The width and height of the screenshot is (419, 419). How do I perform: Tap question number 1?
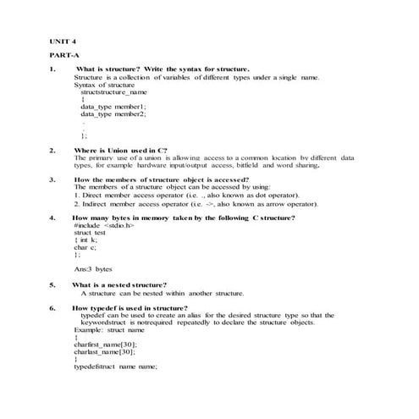point(52,69)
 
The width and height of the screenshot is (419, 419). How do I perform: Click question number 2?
point(52,150)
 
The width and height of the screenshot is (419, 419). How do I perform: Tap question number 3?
point(52,179)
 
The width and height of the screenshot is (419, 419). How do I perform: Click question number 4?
point(52,218)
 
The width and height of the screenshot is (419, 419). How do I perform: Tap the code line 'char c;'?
point(85,247)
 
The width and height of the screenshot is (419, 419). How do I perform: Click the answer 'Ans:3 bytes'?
point(93,268)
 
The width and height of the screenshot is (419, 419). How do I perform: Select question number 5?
point(52,284)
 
